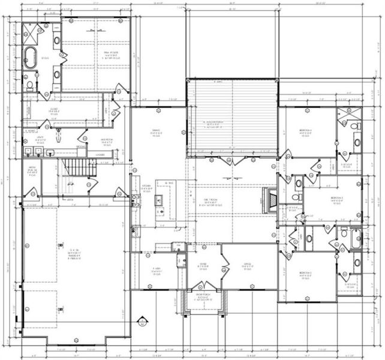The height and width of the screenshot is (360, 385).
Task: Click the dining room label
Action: pos(157,133)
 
